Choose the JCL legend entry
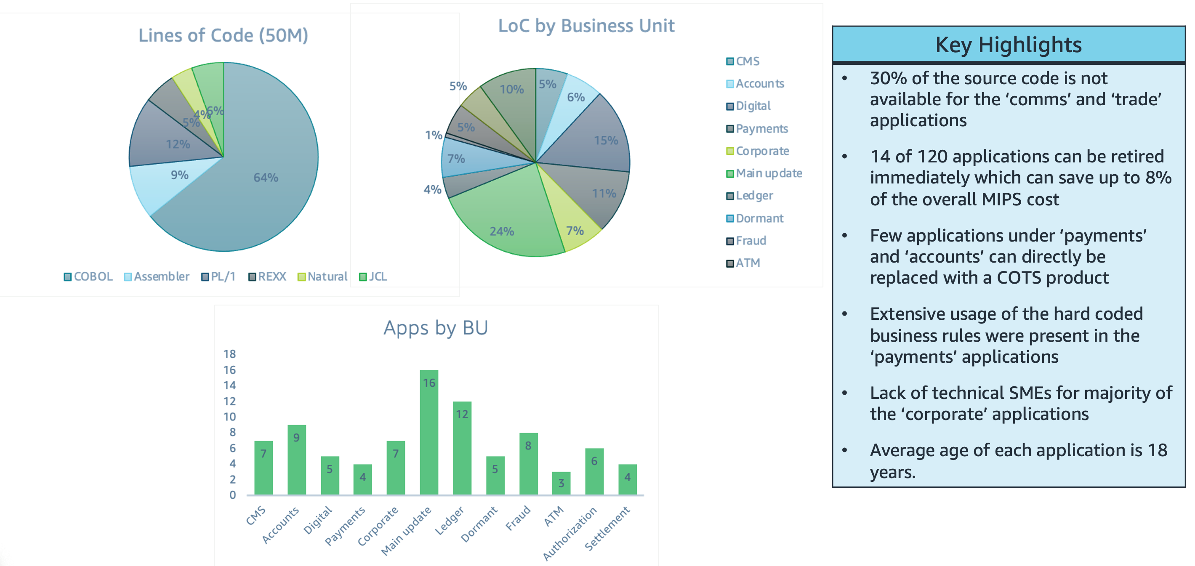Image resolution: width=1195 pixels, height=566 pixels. pos(373,277)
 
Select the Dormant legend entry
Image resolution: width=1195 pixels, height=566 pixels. pos(755,218)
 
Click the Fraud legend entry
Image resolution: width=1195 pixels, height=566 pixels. pos(746,241)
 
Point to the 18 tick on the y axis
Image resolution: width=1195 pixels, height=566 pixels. pos(230,354)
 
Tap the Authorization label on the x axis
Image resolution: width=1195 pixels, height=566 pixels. pos(570,534)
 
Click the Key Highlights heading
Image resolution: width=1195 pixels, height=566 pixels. pos(1009,45)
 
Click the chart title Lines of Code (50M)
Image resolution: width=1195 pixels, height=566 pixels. pos(223,36)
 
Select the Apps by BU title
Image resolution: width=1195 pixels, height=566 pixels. pos(436,328)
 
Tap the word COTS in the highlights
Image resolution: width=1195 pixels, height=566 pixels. pos(1019,278)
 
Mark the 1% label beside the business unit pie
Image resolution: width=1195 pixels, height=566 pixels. pos(434,136)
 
